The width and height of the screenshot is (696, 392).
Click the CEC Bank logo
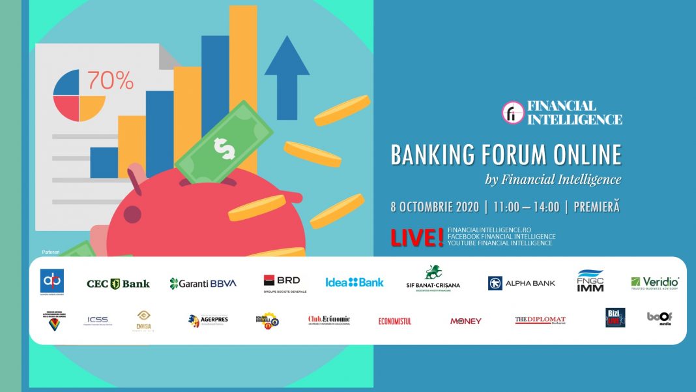118,284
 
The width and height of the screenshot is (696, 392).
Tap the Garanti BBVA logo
203,283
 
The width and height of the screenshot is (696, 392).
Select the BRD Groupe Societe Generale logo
282,283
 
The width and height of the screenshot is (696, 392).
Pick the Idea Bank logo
355,282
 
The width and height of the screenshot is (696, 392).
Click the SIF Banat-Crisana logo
432,279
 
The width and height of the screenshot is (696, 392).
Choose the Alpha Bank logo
521,283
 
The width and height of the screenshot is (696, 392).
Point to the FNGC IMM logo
590,281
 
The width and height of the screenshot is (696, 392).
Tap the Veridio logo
654,283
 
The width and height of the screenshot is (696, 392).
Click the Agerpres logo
208,320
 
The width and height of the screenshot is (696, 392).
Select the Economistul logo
395,321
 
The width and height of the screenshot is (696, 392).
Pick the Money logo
465,321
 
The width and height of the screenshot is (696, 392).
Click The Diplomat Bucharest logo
540,320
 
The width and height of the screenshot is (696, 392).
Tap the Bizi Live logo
615,318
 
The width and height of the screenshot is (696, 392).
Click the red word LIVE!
417,238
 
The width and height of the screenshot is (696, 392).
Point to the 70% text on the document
110,80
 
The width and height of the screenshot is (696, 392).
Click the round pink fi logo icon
512,112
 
